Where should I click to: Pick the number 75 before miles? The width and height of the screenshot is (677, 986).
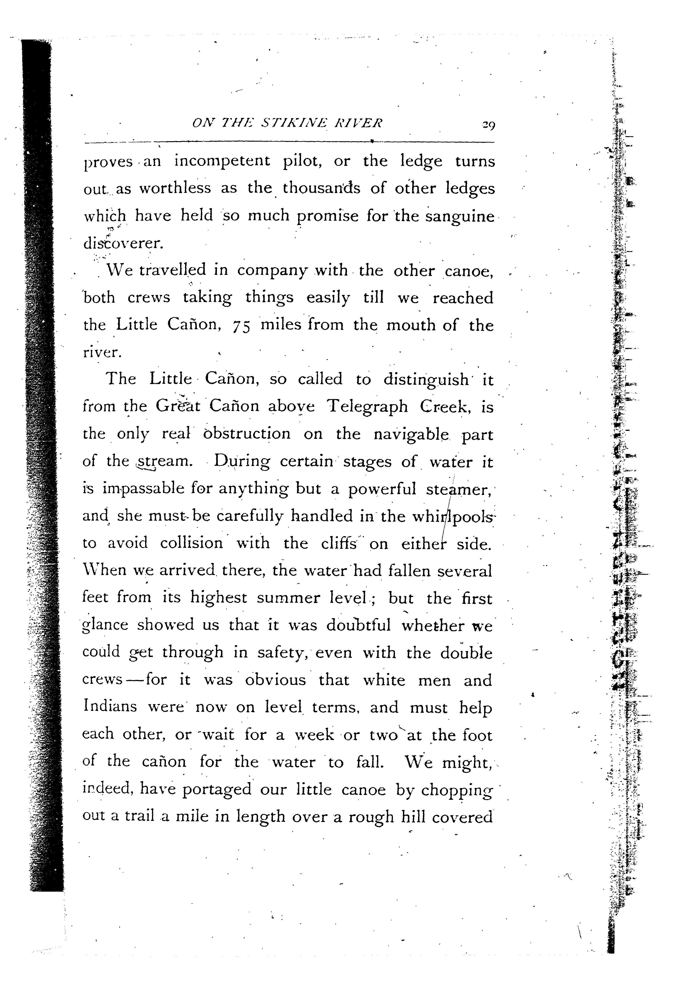click(242, 326)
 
